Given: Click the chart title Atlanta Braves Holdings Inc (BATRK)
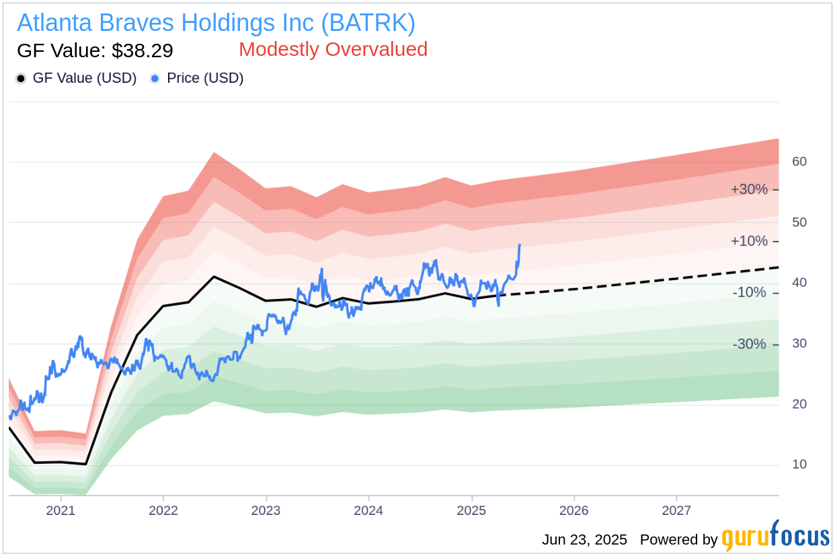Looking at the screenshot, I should (x=216, y=23).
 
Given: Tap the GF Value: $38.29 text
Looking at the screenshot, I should (x=95, y=50).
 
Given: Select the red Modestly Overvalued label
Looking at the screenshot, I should (x=333, y=49).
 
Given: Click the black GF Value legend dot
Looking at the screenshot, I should (x=21, y=79).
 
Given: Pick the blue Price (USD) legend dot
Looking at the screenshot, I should (x=155, y=79).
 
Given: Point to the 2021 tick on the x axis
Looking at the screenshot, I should (x=61, y=510).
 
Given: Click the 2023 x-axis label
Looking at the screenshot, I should (x=266, y=510).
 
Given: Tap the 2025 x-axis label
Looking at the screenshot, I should (x=471, y=510).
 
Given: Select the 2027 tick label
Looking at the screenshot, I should (x=676, y=510).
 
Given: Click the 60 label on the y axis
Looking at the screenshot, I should (x=799, y=162).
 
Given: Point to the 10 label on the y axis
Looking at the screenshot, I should (x=799, y=464).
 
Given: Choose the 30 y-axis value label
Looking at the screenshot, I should (x=799, y=343).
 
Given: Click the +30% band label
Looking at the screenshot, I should (x=749, y=189).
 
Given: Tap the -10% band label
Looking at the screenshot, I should (x=749, y=293).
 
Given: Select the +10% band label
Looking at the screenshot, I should (x=749, y=241).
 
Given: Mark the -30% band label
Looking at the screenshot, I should (x=749, y=345).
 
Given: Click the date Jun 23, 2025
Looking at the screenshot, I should (x=584, y=540).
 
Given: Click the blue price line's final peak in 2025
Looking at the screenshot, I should (x=520, y=245).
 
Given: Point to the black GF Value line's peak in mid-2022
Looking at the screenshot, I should (x=214, y=277).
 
